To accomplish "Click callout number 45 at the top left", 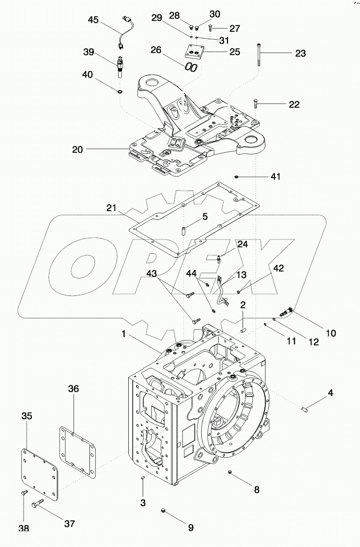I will [x=93, y=20].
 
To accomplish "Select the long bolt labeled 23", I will [x=260, y=55].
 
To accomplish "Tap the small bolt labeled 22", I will [x=255, y=104].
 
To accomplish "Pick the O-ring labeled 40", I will [x=120, y=92].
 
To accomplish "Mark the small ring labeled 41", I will [x=236, y=177].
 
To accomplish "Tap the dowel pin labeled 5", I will [x=184, y=229].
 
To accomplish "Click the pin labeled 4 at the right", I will [x=305, y=409].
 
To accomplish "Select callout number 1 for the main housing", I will [x=124, y=335].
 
